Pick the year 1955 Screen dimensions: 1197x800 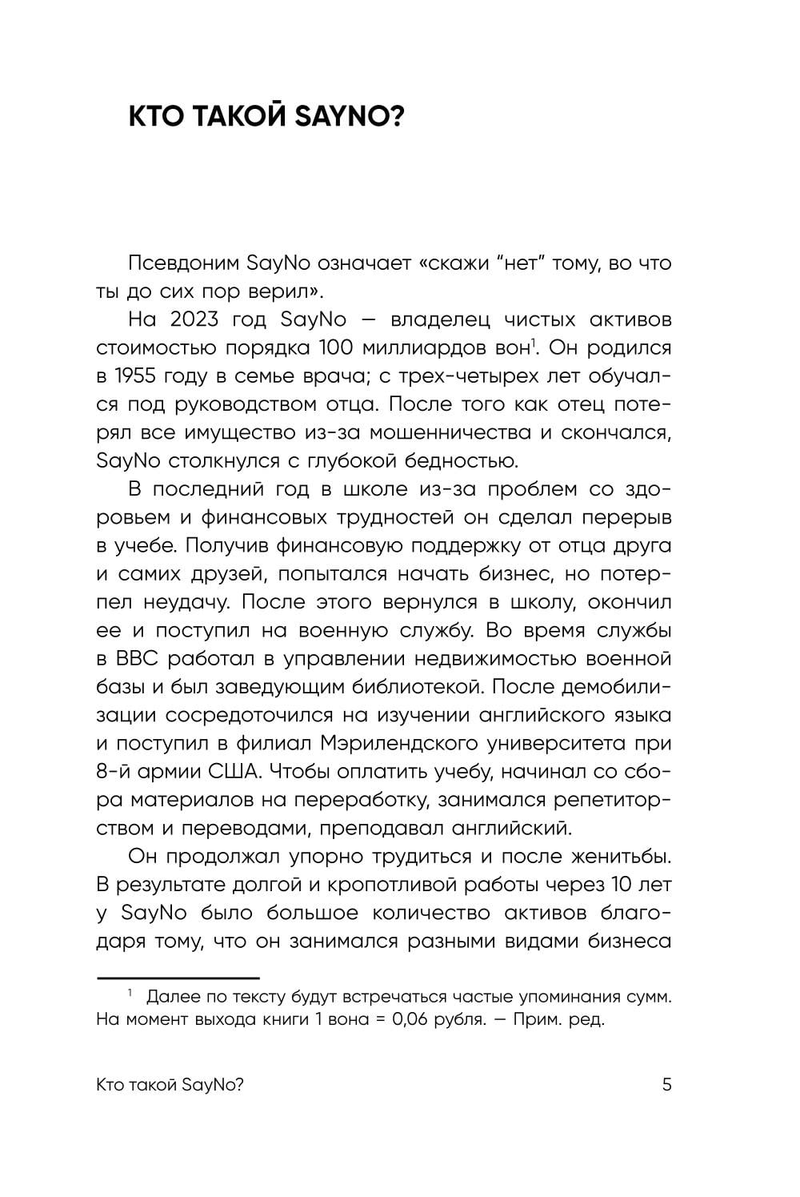point(134,376)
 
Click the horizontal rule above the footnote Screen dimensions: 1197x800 point(178,978)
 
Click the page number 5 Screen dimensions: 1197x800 point(666,1086)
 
